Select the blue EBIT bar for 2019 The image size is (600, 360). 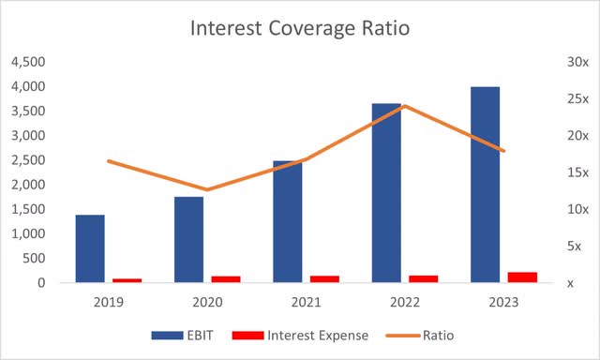tap(90, 248)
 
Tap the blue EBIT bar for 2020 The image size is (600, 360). tap(188, 239)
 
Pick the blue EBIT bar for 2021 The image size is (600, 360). tap(288, 221)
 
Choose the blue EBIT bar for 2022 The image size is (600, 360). tap(386, 192)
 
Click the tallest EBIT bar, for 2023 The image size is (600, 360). tap(485, 184)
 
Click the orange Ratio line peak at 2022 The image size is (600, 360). tap(405, 106)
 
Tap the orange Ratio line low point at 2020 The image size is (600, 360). tap(207, 189)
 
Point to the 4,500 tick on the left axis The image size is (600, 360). tap(27, 62)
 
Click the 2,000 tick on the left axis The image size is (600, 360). tap(27, 185)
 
